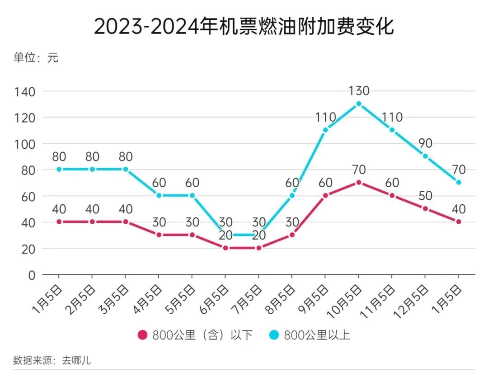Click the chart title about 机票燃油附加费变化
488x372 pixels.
click(244, 26)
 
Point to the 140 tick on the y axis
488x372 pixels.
click(25, 91)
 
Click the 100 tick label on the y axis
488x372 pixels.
click(25, 144)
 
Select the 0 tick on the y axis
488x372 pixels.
click(32, 275)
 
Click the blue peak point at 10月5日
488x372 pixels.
click(358, 104)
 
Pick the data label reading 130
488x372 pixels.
click(359, 91)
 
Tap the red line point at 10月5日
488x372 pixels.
click(358, 182)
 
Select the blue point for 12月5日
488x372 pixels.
click(425, 156)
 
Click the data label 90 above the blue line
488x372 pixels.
click(425, 143)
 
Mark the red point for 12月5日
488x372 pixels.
click(425, 208)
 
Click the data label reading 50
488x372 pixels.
click(425, 196)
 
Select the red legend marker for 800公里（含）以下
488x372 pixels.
click(142, 335)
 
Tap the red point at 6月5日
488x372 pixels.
click(225, 248)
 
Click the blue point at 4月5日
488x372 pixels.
click(159, 195)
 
